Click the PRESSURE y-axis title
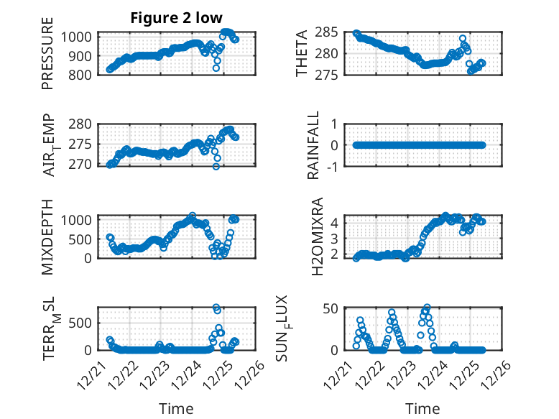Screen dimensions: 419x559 tap(47, 58)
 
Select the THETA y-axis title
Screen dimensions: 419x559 tap(302, 53)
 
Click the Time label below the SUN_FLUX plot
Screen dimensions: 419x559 tap(422, 409)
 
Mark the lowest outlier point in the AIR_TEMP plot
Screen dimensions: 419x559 tap(216, 166)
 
